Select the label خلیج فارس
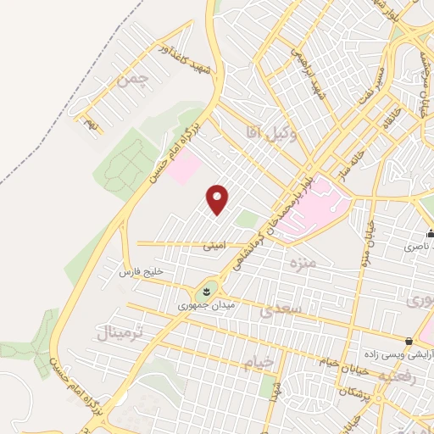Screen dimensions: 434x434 click(140, 271)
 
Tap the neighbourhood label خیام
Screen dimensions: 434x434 click(259, 362)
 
